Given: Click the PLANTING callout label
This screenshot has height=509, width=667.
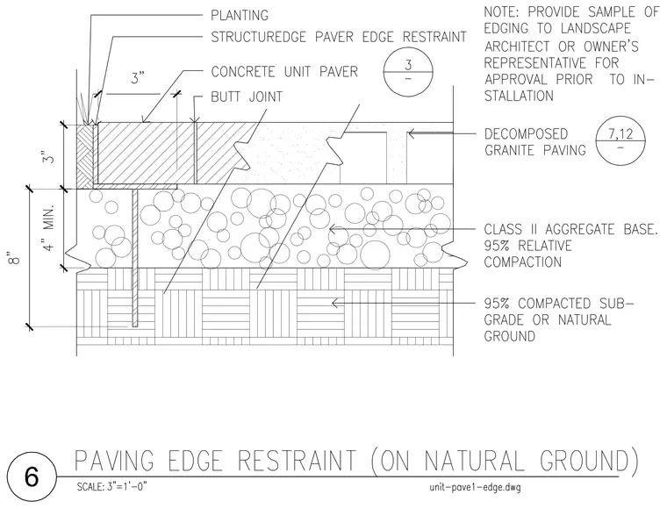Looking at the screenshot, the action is click(240, 15).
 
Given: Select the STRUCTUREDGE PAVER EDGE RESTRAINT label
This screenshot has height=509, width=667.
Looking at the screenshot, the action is click(339, 37).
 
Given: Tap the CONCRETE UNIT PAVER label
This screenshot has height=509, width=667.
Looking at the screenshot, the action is click(284, 71).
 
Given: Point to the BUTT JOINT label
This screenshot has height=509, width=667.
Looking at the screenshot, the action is click(247, 97).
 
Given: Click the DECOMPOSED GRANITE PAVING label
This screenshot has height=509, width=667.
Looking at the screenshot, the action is click(534, 142).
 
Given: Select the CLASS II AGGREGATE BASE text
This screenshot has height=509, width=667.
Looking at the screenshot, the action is click(570, 230).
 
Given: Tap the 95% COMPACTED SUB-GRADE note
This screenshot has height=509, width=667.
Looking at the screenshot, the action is click(558, 319).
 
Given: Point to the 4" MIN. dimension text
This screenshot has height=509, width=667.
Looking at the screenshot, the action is click(49, 228).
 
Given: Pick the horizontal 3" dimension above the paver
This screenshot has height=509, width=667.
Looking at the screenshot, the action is click(137, 78).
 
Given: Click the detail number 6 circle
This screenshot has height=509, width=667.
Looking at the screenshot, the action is click(32, 477).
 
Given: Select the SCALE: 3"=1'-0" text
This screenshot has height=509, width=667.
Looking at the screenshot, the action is click(111, 486).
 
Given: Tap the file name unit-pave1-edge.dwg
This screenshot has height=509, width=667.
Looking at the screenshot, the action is click(475, 487).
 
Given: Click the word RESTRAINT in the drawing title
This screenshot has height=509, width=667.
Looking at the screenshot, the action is click(297, 461).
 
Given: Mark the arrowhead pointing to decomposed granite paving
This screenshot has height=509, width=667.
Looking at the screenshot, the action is click(411, 134).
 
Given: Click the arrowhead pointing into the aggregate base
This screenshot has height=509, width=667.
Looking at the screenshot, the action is click(333, 230).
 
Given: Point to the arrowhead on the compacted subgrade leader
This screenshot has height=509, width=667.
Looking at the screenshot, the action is click(334, 303).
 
